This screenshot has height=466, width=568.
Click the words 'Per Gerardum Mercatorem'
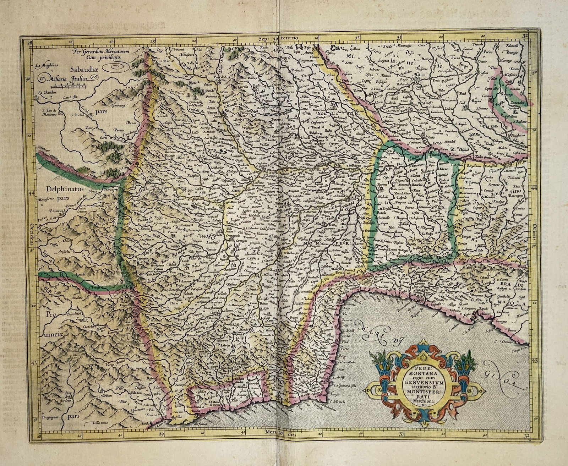pyautogui.click(x=100, y=51)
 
